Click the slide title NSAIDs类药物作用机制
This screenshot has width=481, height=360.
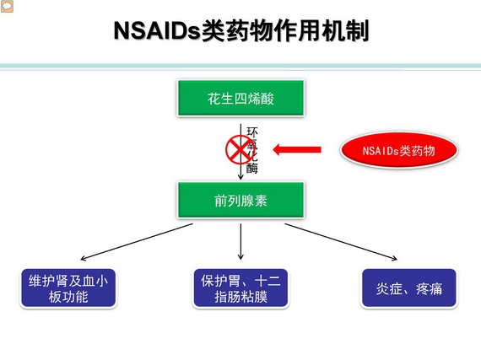(241, 31)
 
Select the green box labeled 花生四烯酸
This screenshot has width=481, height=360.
(240, 98)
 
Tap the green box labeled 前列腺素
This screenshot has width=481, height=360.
(240, 200)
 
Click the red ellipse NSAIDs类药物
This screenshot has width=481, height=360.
(399, 150)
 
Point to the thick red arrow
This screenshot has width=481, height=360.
(297, 150)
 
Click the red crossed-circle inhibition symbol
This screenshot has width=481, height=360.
(238, 150)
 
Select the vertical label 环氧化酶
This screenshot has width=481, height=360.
(251, 150)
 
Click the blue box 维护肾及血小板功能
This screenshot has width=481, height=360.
(68, 288)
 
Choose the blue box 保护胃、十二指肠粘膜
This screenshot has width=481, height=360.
(240, 288)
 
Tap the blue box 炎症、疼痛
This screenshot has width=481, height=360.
(409, 288)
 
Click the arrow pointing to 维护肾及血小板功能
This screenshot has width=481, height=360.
(137, 242)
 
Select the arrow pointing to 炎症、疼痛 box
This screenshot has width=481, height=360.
(341, 242)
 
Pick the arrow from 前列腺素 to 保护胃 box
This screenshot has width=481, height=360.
(240, 242)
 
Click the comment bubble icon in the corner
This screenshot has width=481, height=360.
(7, 7)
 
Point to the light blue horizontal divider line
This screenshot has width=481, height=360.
(240, 67)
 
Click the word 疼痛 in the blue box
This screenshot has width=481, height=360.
(430, 288)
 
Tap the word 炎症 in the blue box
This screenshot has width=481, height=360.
(389, 288)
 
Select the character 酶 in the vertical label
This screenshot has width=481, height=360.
(251, 169)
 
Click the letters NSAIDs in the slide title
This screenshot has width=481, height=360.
(157, 31)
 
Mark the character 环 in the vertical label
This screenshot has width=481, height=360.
(251, 132)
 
